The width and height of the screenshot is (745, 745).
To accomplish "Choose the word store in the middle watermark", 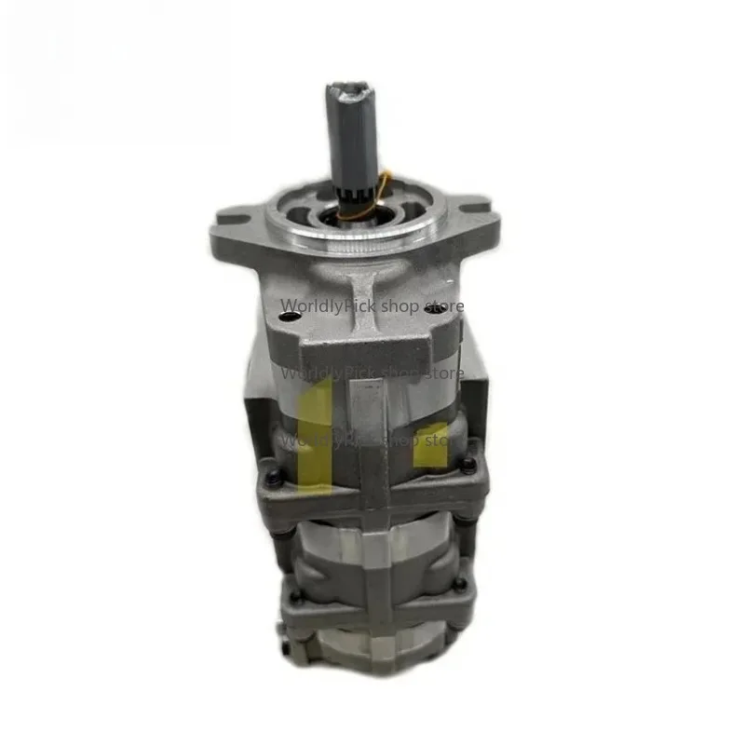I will (444, 374).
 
